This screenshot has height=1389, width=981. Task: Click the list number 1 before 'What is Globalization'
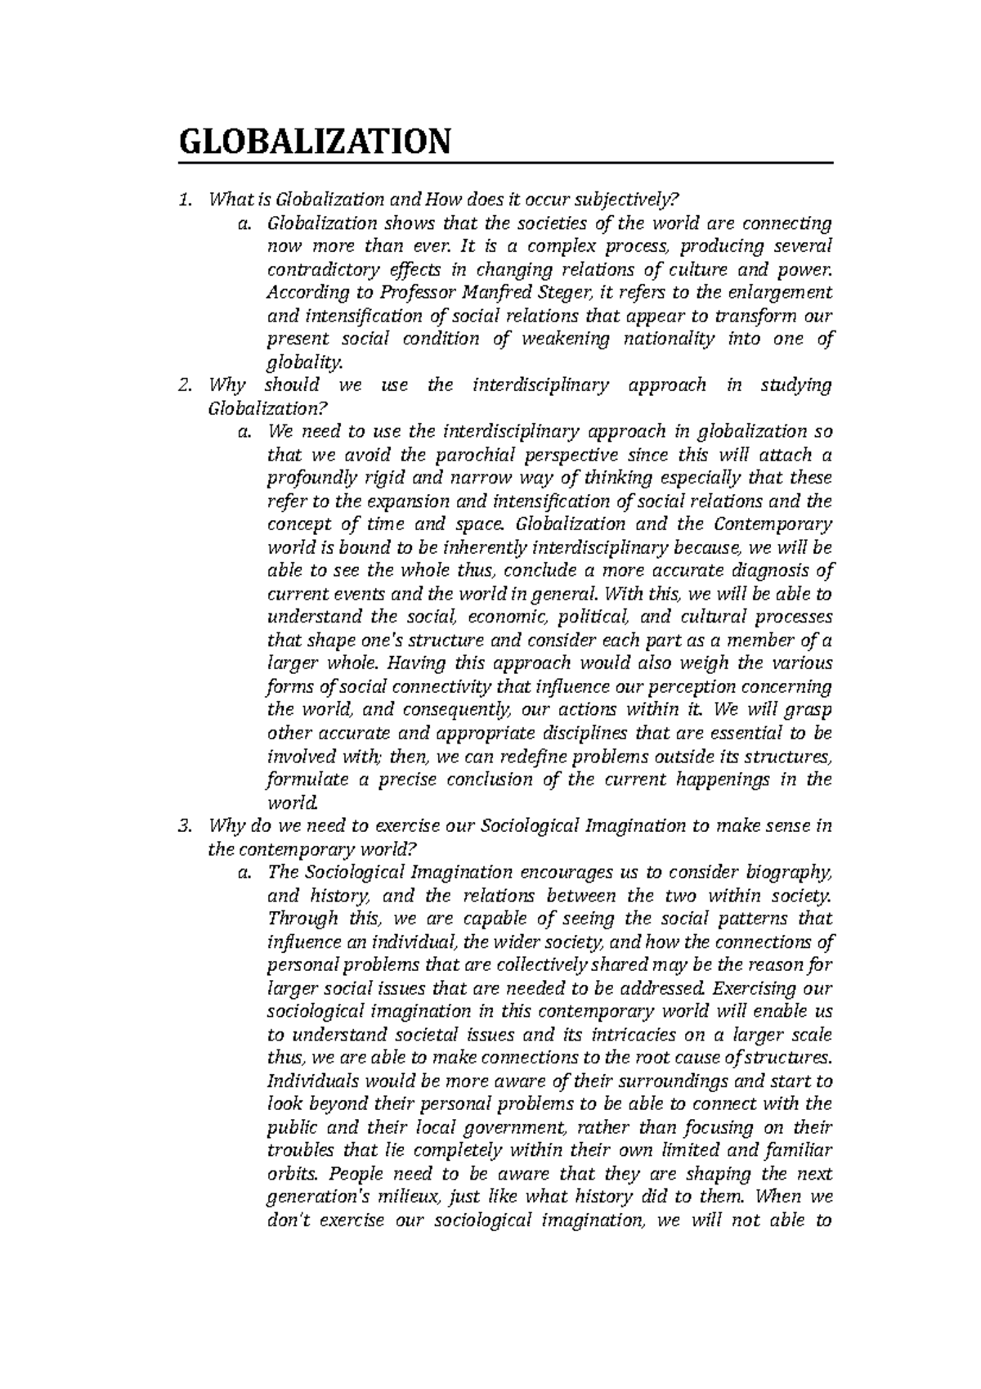click(184, 199)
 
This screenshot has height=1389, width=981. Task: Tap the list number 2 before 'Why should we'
click(184, 385)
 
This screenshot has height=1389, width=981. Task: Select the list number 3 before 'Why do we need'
click(184, 826)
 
